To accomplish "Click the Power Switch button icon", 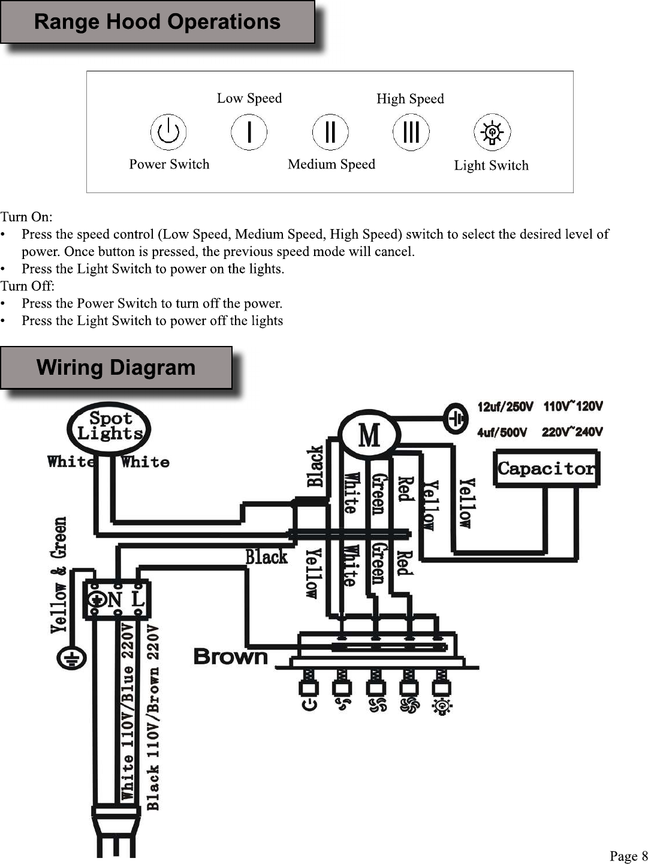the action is click(168, 132).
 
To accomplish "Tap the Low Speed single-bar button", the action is click(249, 132).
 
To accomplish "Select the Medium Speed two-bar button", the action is click(330, 132).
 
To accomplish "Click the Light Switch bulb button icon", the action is click(492, 132).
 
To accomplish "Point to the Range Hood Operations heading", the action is click(158, 22).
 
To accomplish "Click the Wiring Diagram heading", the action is click(116, 368).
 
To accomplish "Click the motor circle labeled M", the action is click(369, 434).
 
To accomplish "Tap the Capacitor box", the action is click(547, 468).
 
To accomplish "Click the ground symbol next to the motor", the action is click(456, 419).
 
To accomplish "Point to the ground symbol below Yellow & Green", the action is click(71, 658).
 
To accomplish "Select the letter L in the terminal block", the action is click(138, 600).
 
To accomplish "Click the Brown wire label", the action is click(231, 657).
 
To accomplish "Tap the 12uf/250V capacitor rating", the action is click(505, 407).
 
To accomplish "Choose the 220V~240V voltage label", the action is click(572, 432).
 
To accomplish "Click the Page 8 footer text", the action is click(628, 856).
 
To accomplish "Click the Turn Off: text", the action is click(27, 286).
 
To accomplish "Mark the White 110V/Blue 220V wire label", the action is click(128, 712).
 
